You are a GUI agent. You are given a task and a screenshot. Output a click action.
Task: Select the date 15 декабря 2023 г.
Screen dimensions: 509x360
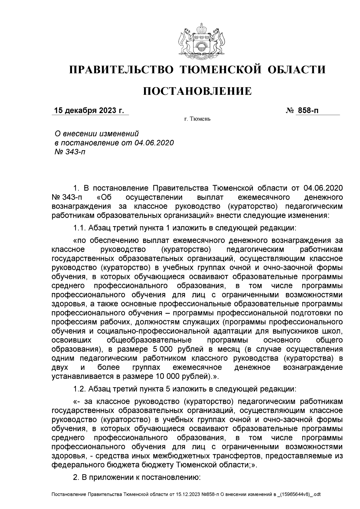[x=89, y=111]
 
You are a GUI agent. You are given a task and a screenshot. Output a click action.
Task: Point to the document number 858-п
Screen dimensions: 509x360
[x=307, y=111]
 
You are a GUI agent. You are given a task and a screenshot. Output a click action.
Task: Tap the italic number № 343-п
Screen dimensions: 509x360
[x=68, y=152]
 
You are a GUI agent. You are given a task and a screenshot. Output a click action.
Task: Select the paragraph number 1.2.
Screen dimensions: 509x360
[x=80, y=389]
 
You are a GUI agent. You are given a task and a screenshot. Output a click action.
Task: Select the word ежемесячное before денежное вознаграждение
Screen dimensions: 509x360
[x=197, y=367]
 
